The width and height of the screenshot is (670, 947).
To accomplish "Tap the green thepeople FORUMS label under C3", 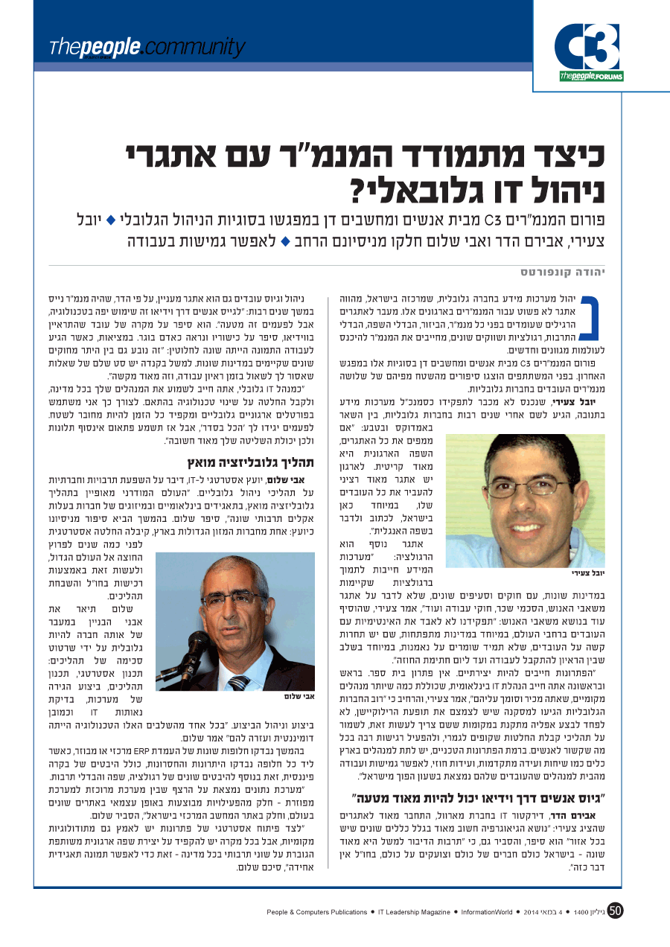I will coord(591,76).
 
